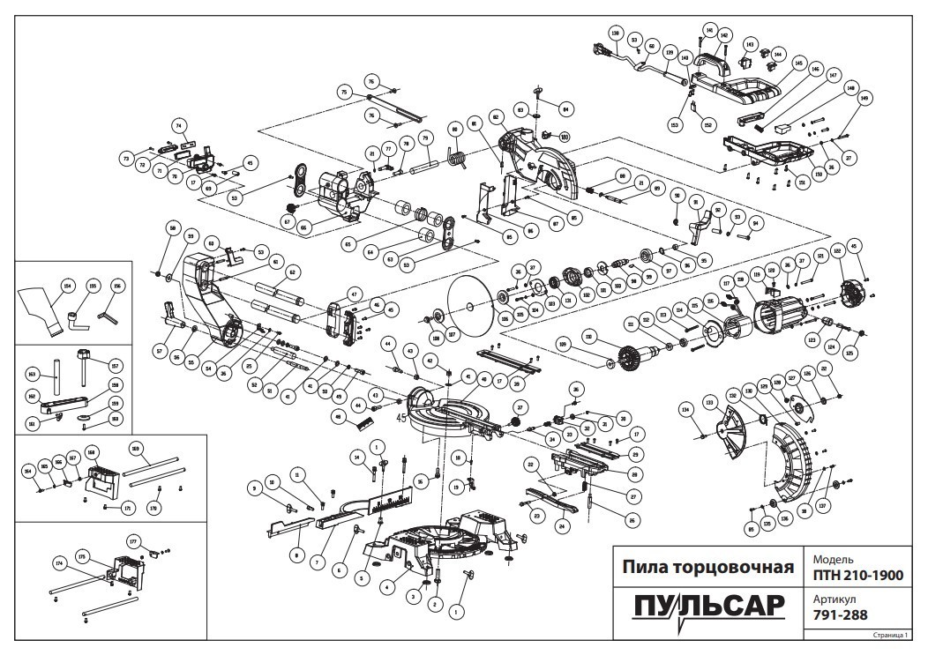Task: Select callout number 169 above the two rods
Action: click(x=135, y=448)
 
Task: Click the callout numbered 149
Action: click(x=864, y=99)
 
